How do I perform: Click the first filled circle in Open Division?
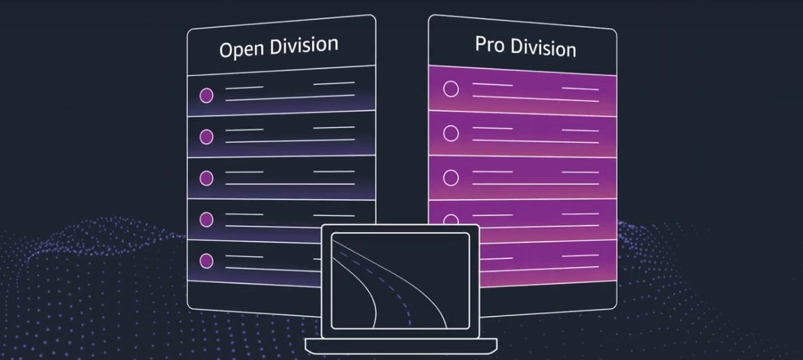click(x=206, y=96)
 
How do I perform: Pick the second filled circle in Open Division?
click(x=206, y=136)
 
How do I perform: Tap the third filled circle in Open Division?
click(x=206, y=178)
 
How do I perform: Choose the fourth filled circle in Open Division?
click(x=206, y=219)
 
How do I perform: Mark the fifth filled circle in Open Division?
click(x=206, y=261)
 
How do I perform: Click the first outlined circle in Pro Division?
click(x=451, y=89)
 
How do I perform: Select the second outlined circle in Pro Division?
click(x=451, y=133)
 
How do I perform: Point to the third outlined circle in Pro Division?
click(x=451, y=178)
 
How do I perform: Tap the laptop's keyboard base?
click(x=401, y=345)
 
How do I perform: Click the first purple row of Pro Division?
click(x=522, y=91)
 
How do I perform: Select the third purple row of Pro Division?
click(x=522, y=179)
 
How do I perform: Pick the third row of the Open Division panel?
click(x=282, y=178)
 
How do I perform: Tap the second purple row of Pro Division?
click(x=522, y=136)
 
